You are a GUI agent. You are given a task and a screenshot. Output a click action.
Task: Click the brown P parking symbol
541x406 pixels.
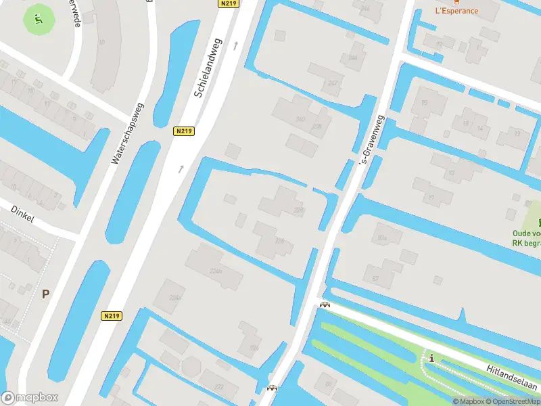coord(46,294)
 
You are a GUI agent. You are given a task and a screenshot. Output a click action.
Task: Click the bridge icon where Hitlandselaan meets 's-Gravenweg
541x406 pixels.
coord(325,304)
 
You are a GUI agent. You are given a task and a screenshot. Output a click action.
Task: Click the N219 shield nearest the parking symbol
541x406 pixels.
coord(112,316)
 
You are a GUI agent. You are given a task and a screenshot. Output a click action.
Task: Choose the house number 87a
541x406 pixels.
coord(382,238)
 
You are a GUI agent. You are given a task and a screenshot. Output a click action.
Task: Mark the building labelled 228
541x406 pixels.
coord(300,210)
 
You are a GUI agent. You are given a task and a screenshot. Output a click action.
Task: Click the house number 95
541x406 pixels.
coord(425,103)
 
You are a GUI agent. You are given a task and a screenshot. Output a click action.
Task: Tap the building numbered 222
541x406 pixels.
coord(219,387)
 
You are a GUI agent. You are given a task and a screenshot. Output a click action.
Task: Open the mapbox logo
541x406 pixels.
coord(30,398)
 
